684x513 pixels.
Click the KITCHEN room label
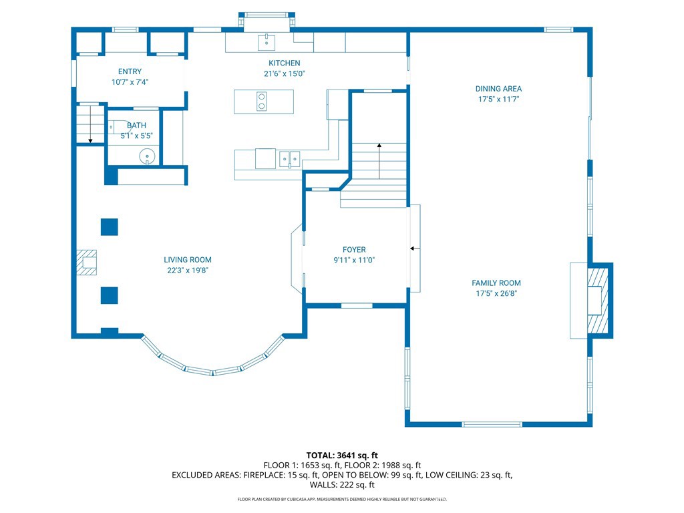coord(285,63)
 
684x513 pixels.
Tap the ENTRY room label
coord(130,71)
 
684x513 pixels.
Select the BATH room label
coord(136,125)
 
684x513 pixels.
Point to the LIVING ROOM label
coord(188,260)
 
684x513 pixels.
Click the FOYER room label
coord(354,250)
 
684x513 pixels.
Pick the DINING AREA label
coord(498,89)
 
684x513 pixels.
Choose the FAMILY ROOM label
coord(496,283)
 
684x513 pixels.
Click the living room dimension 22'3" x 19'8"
coord(188,271)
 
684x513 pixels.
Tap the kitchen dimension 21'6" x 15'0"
coord(285,73)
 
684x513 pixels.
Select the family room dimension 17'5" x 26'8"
coord(496,294)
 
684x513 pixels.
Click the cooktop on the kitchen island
coord(262,102)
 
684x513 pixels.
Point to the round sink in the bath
coord(147,156)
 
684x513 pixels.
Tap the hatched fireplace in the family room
coord(598,300)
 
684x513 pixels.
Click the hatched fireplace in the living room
coord(87,263)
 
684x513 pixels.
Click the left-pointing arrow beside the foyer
coord(415,248)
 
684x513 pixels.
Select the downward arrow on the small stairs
coord(90,124)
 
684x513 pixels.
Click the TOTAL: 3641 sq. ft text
coord(342,456)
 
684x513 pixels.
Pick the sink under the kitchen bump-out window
coord(266,43)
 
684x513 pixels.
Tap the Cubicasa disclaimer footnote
coord(342,499)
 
